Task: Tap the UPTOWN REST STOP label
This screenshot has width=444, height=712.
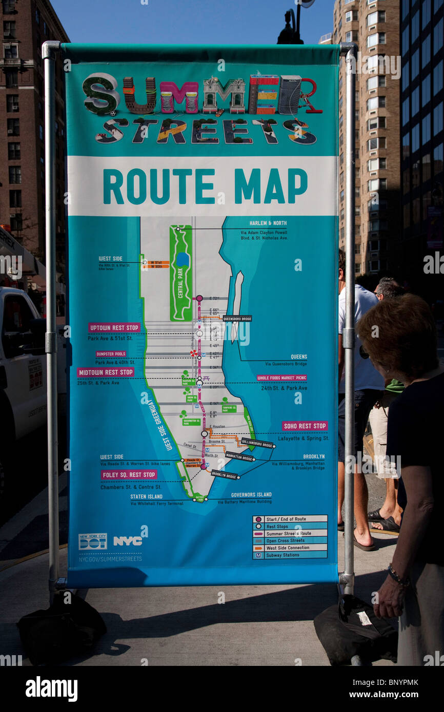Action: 114,327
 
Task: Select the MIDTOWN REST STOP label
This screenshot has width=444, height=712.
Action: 106,372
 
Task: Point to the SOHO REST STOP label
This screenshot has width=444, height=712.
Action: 305,426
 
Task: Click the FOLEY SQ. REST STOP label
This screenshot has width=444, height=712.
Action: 129,475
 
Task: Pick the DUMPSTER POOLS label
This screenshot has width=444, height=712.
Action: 111,354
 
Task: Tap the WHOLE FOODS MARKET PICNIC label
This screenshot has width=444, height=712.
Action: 282,378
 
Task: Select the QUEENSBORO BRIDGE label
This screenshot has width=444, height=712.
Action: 237,318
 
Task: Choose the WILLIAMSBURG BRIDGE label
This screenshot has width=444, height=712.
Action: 257,443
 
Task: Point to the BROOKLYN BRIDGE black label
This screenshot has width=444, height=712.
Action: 225,475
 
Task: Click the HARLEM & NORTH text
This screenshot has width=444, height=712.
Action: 268,223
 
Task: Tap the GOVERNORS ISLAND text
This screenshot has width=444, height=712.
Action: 251,495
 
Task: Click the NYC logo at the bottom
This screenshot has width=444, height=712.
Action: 128,541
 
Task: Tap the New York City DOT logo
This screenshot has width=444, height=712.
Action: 92,541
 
